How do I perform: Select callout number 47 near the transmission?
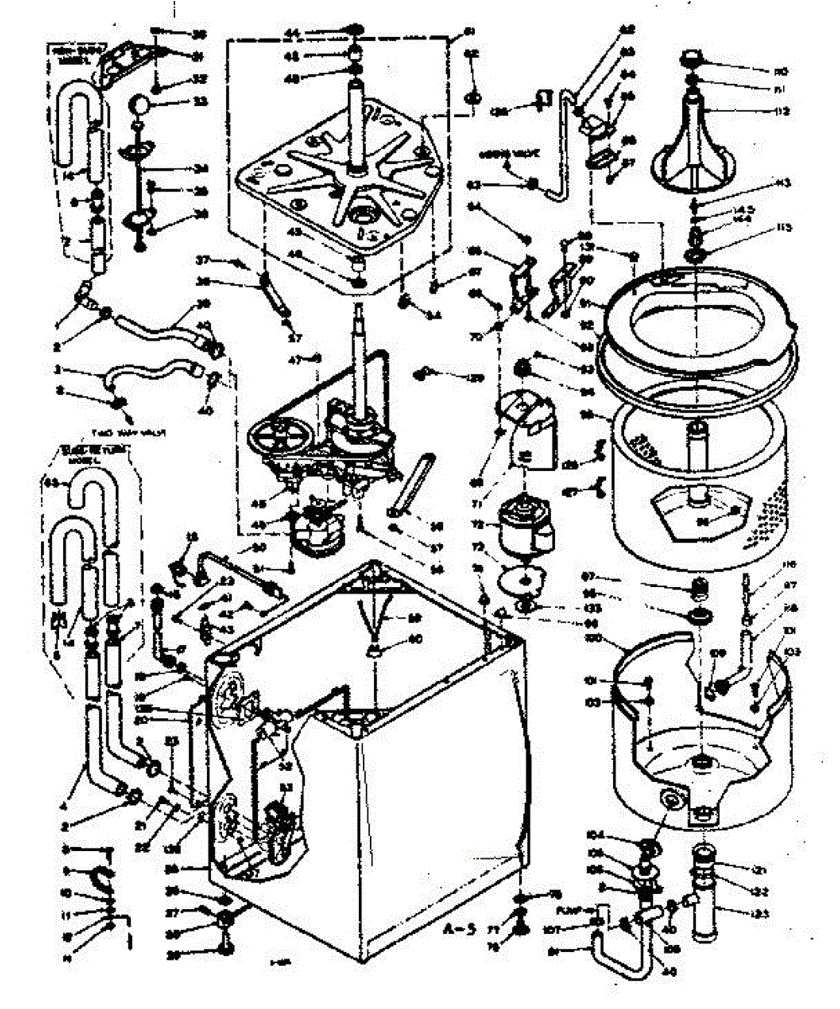pos(294,360)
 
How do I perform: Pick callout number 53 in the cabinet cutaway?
pos(286,788)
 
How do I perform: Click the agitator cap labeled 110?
pos(691,58)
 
